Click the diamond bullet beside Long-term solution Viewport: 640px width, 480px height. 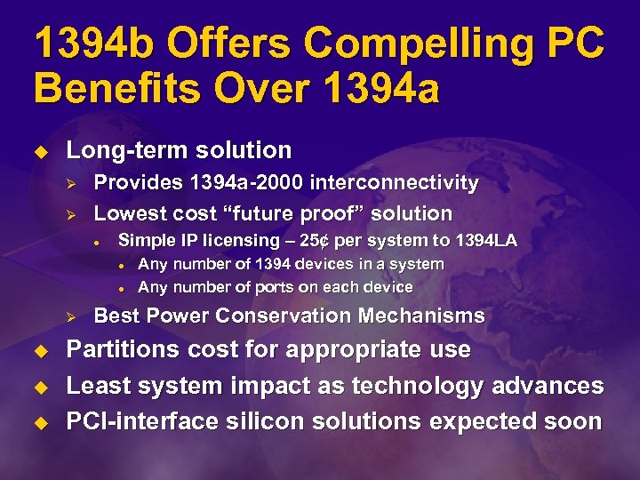(x=41, y=151)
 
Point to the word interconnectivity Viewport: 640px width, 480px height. (x=393, y=183)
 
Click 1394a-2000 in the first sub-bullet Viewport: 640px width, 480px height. (x=242, y=183)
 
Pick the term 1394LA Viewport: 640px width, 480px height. (x=486, y=240)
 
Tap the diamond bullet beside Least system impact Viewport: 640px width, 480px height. (x=41, y=387)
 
